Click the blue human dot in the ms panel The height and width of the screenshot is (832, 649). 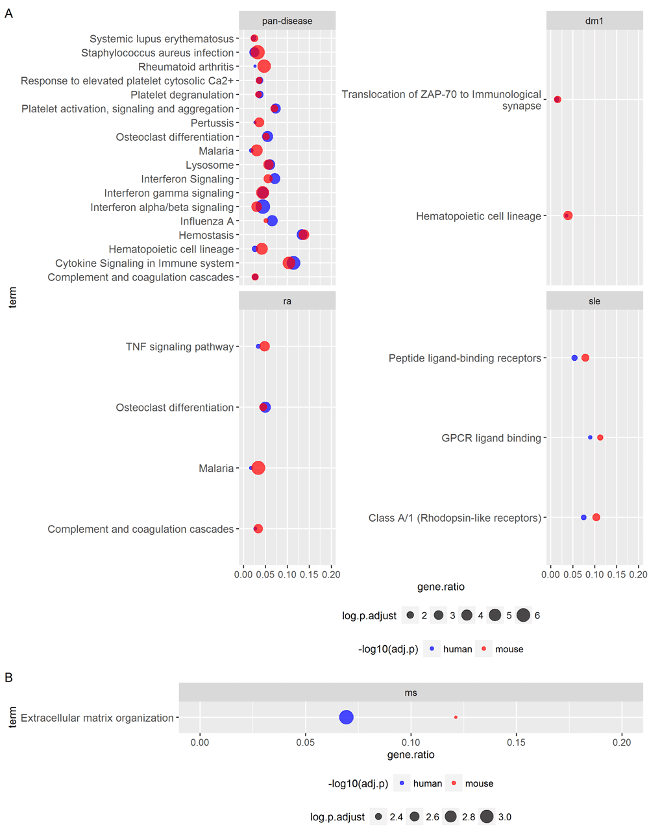(x=346, y=717)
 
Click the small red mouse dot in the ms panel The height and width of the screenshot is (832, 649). (x=456, y=717)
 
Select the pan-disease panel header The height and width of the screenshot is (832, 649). (x=287, y=21)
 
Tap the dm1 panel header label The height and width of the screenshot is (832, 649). (x=594, y=21)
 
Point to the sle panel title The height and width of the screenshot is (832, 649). (x=594, y=301)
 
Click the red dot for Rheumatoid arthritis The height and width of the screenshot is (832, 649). (x=263, y=66)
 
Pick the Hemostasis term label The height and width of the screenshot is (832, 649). (x=206, y=235)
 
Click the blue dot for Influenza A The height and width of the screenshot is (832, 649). (x=272, y=221)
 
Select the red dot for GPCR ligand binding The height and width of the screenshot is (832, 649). (x=600, y=437)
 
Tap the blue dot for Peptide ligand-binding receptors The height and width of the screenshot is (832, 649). (x=574, y=358)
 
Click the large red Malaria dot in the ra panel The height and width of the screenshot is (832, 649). (x=258, y=467)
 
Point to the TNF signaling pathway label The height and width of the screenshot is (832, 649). (x=180, y=347)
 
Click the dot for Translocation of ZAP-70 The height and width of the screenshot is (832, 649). (x=557, y=99)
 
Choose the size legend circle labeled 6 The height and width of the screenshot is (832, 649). (x=523, y=615)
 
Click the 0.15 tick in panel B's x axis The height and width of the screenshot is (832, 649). (x=516, y=742)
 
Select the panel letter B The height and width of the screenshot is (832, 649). (x=9, y=678)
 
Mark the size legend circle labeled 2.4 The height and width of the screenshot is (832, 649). (x=378, y=816)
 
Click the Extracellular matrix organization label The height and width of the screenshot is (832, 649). (x=97, y=718)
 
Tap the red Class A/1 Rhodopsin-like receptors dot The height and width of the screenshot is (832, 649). (x=596, y=517)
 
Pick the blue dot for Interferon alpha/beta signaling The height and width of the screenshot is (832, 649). (x=263, y=207)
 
